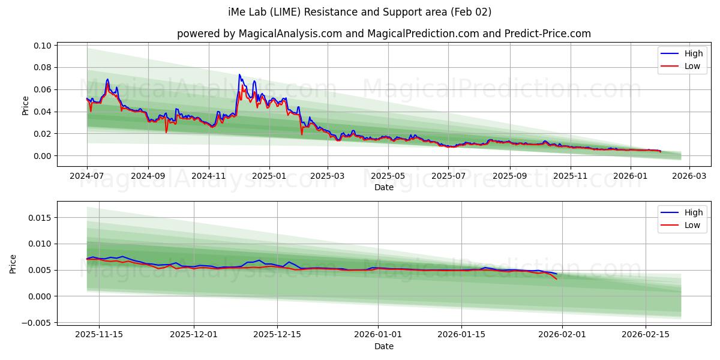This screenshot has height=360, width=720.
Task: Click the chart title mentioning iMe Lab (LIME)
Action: [x=360, y=12]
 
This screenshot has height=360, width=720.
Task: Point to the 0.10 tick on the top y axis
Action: [x=43, y=46]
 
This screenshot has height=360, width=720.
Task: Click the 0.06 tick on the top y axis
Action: [x=43, y=89]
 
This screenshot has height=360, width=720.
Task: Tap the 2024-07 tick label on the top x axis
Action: [x=87, y=176]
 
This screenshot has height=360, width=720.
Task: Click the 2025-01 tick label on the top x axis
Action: [x=269, y=176]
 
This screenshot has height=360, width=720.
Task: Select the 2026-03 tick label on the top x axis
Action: [x=689, y=176]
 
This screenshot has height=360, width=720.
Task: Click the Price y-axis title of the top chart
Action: [x=25, y=106]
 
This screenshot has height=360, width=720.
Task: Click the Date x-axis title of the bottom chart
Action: [x=384, y=346]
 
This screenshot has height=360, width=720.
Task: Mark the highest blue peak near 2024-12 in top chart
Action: [x=239, y=75]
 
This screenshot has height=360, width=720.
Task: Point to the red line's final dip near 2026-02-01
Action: [x=556, y=279]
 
